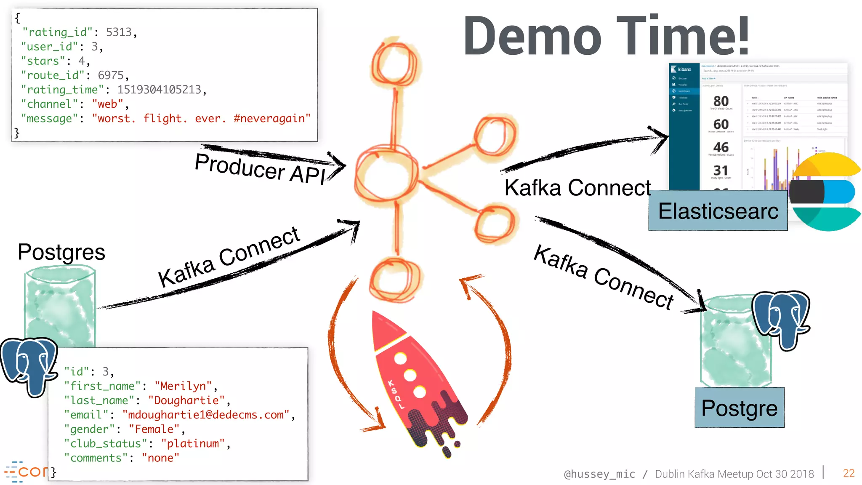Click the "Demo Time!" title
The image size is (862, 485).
coord(606,36)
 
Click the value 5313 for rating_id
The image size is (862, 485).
coord(119,32)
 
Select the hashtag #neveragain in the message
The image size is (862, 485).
coord(272,118)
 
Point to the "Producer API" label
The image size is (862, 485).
coord(260,168)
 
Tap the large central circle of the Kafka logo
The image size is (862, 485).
coord(386,173)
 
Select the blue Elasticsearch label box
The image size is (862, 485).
coord(718,211)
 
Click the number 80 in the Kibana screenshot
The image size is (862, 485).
coord(721,101)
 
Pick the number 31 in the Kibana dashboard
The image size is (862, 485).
coord(721,170)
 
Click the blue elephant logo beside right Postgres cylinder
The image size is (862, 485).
coord(781,318)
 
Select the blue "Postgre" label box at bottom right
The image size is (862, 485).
coord(739,408)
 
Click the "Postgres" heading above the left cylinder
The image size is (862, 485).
coord(61,252)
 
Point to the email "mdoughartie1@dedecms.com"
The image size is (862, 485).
coord(206,415)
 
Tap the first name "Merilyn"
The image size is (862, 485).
coord(183,386)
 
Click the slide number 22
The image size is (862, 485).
coord(849,473)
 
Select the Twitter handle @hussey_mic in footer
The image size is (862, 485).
coord(599,474)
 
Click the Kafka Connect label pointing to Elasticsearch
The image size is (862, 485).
coord(577,188)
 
